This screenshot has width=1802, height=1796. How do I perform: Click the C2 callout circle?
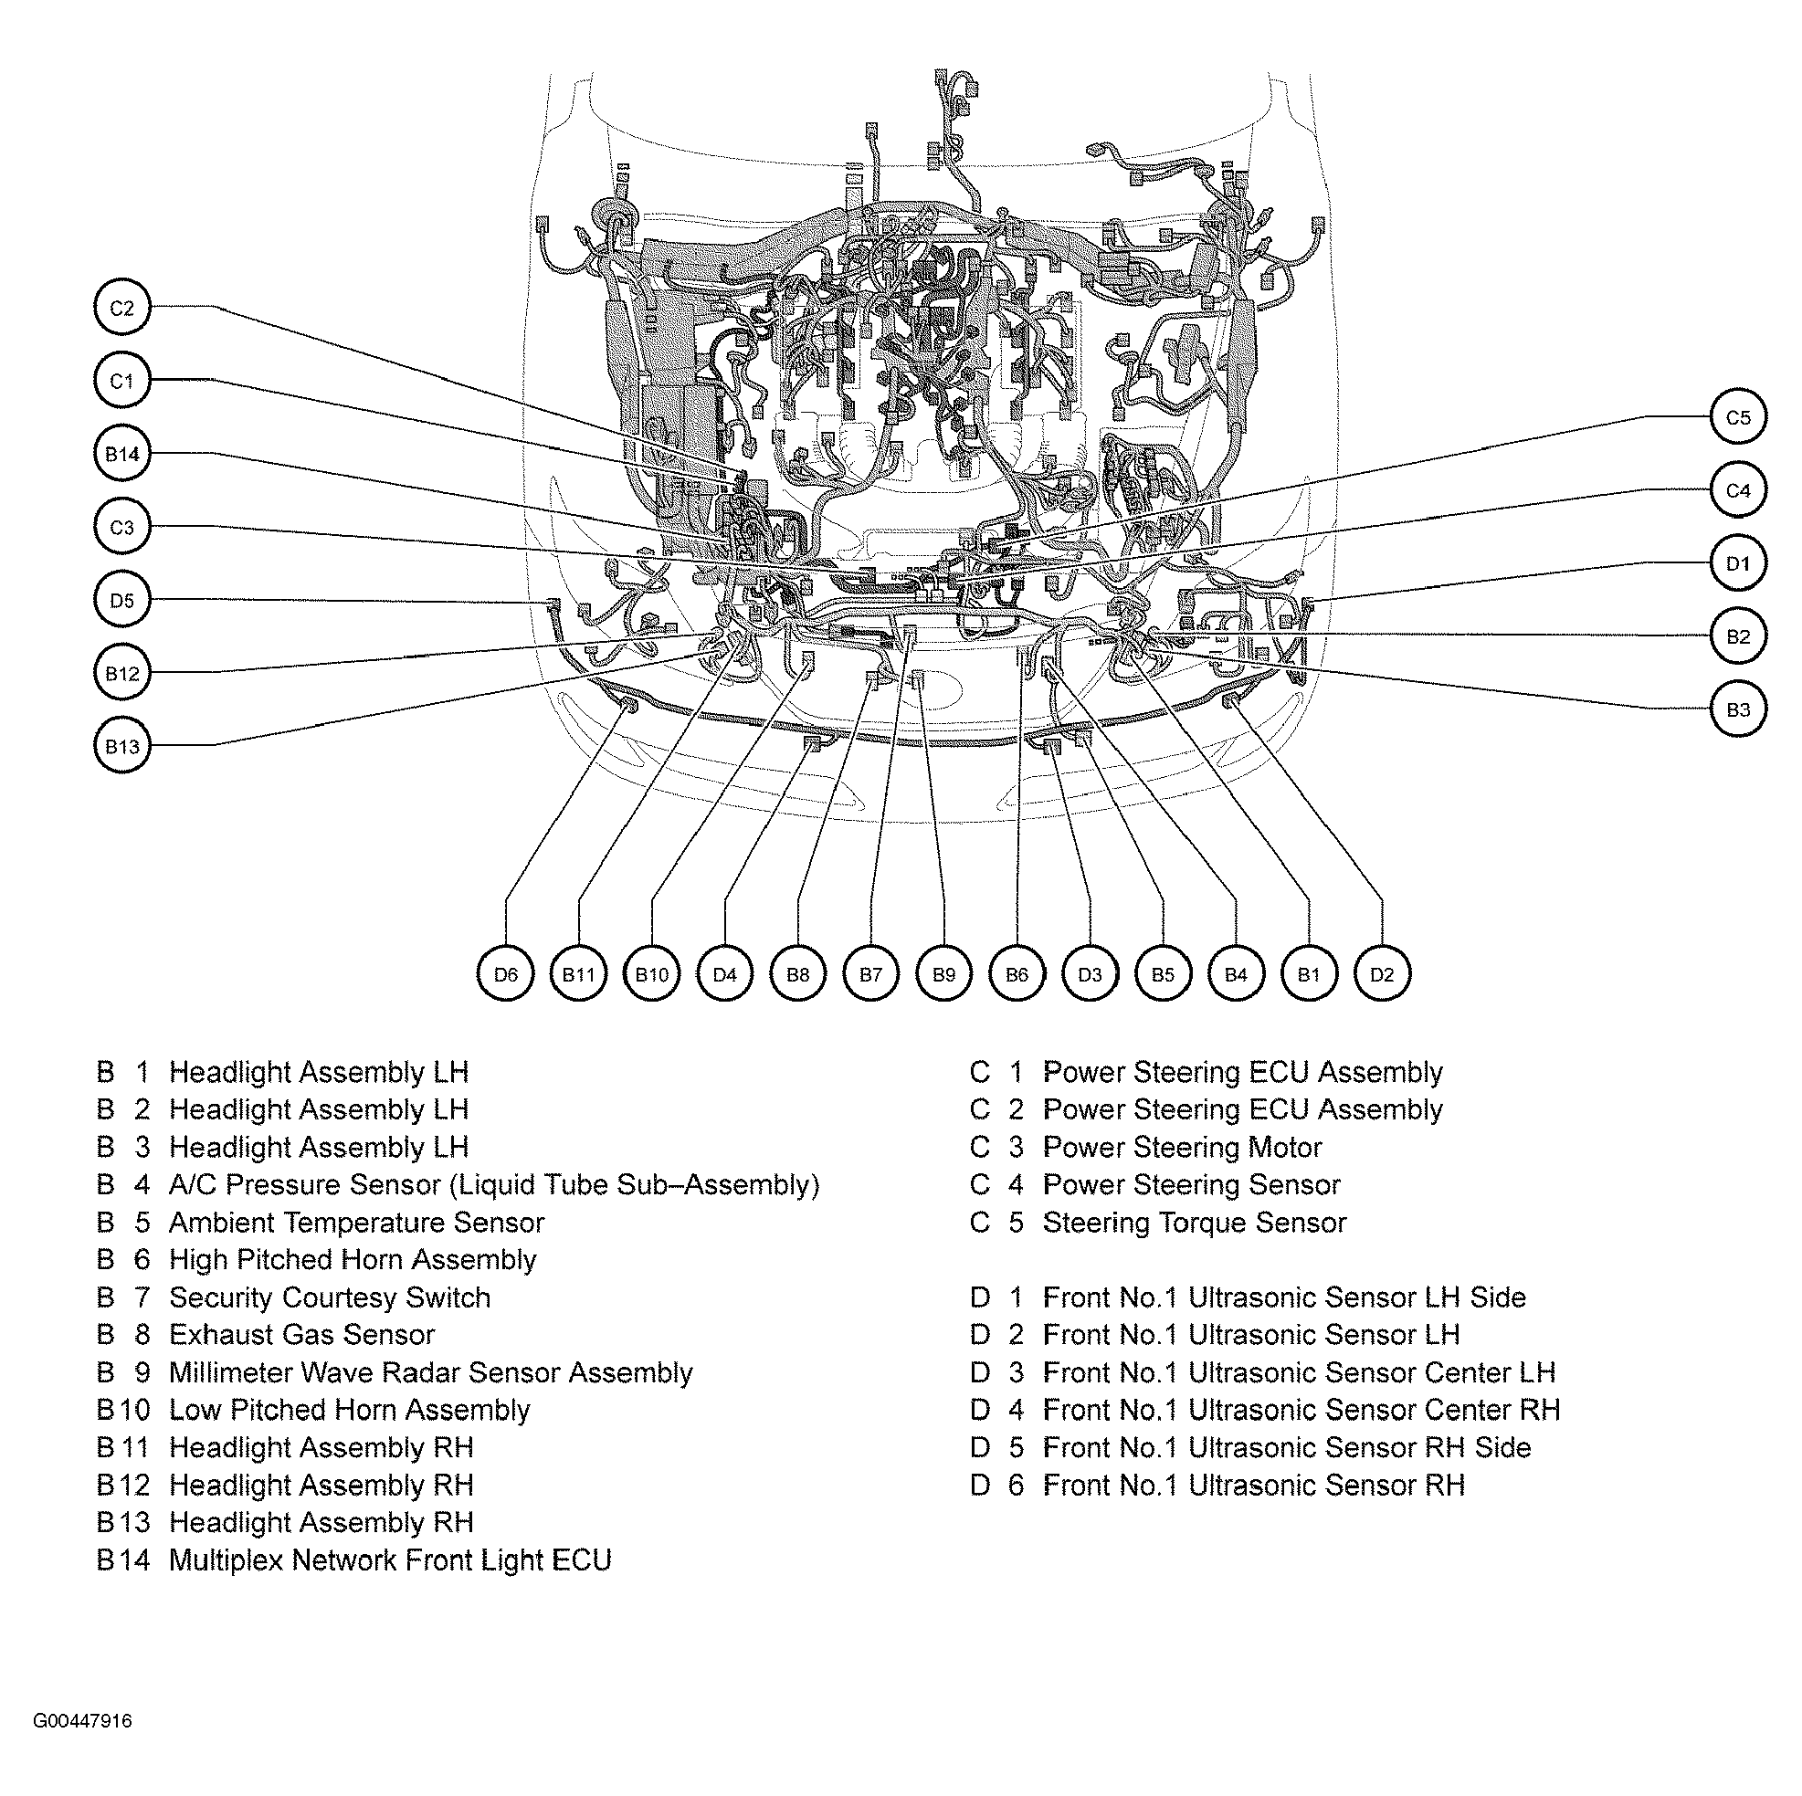click(x=122, y=308)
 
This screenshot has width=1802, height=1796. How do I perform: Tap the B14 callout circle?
click(x=122, y=454)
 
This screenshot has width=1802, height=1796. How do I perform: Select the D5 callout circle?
click(x=122, y=600)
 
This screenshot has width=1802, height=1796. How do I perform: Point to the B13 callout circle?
click(x=122, y=746)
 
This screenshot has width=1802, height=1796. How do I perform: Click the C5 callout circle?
click(x=1738, y=418)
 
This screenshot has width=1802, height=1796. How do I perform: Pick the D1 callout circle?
click(x=1738, y=563)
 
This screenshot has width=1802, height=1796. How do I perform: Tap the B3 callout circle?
click(x=1738, y=709)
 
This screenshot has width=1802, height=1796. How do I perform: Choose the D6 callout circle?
click(x=506, y=974)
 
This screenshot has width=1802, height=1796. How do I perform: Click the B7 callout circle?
click(x=870, y=974)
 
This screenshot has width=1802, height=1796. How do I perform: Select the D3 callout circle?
click(x=1090, y=974)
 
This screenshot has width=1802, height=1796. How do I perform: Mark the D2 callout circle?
click(x=1381, y=974)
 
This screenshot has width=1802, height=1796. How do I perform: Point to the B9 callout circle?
click(x=943, y=974)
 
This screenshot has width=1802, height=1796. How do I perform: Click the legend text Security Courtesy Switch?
click(x=329, y=1297)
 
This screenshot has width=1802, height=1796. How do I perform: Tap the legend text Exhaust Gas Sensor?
click(x=301, y=1334)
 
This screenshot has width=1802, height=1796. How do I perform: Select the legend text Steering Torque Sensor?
click(x=1194, y=1223)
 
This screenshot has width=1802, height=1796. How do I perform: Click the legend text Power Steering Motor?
click(x=1182, y=1147)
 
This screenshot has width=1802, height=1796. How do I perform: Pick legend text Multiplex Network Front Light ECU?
click(x=390, y=1560)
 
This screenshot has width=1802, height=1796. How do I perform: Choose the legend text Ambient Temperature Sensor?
click(x=356, y=1223)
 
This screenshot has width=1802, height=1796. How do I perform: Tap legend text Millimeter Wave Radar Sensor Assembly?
click(x=430, y=1372)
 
